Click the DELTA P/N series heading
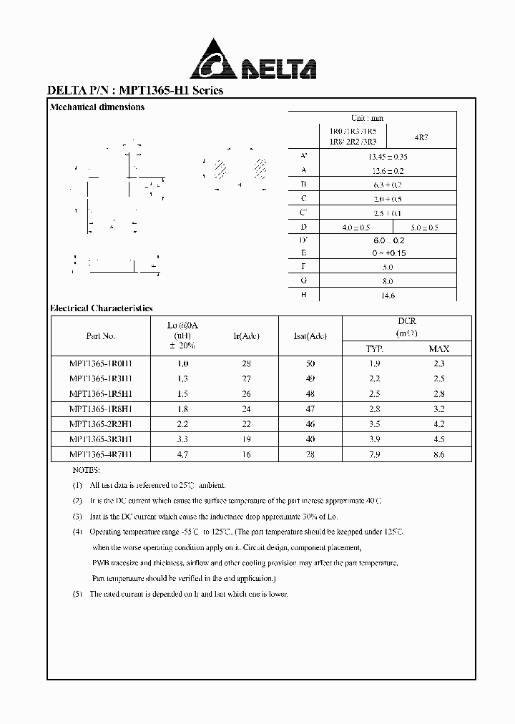[135, 91]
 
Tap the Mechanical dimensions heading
[97, 107]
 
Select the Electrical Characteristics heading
[102, 308]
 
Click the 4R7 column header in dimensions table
[421, 136]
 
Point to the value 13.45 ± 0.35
[387, 156]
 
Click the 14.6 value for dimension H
[388, 295]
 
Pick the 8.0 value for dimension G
[388, 281]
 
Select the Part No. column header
[100, 336]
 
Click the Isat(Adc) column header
[310, 336]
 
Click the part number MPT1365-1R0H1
[101, 363]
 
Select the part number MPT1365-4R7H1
[101, 454]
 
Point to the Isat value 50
[310, 363]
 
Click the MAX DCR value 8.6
[439, 454]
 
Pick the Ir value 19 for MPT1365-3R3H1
[247, 439]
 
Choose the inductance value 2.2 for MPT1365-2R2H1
[182, 424]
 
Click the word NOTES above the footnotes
[87, 470]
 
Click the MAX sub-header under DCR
[439, 349]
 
